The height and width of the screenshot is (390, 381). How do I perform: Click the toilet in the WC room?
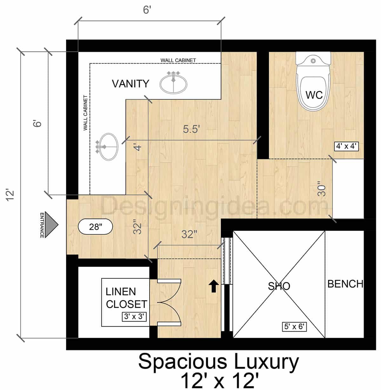pos(313,81)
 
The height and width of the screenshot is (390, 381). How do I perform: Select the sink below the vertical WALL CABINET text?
pos(107,147)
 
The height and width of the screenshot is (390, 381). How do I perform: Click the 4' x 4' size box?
pos(346,146)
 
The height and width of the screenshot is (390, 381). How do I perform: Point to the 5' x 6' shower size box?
pos(294,326)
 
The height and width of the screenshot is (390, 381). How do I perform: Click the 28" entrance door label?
pos(95,227)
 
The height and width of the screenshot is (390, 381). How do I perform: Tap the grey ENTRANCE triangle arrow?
pos(51,225)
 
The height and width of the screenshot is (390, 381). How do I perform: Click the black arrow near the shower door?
pos(214,286)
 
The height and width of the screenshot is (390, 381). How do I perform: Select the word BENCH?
pos(345,284)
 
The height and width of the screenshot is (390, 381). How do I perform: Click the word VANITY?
pos(130,84)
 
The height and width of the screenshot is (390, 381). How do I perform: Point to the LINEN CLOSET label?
pos(126,298)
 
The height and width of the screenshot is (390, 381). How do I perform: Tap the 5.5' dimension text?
pos(191,129)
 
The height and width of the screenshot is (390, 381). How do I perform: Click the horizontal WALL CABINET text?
pos(178,60)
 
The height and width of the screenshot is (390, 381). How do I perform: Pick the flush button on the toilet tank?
pos(313,61)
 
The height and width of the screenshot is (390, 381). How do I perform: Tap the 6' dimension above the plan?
pos(147,10)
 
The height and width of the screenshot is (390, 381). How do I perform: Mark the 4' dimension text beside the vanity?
pos(137,147)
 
